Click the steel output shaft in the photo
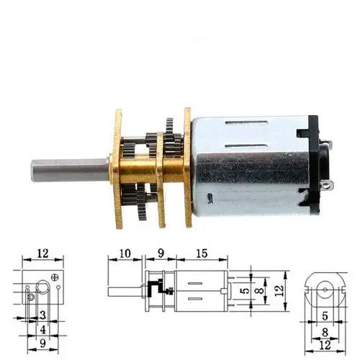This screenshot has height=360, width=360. (x=71, y=170)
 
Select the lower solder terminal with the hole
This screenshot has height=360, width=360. (x=327, y=185)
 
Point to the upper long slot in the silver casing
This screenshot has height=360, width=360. (x=246, y=122)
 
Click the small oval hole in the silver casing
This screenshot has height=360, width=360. (x=210, y=198)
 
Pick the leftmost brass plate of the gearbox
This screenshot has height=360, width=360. (x=117, y=168)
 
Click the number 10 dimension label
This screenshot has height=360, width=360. (x=125, y=253)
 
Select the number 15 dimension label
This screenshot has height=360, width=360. (x=202, y=253)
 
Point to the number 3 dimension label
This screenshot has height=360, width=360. (x=43, y=315)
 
